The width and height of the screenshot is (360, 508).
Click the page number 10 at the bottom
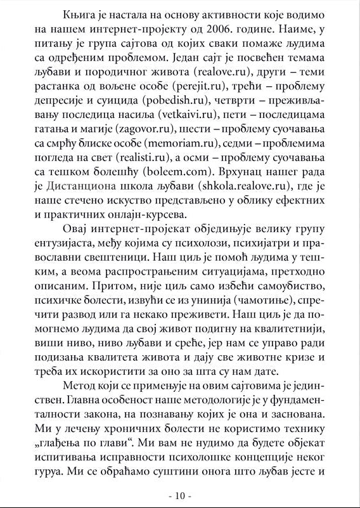[180, 494]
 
